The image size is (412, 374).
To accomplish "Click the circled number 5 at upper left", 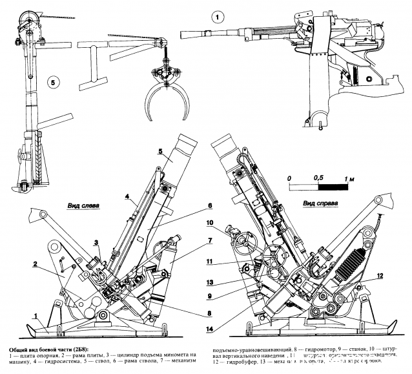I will click(x=54, y=82).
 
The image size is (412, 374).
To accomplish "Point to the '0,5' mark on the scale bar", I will click(x=318, y=177).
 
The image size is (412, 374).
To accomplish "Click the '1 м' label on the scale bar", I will click(x=350, y=177).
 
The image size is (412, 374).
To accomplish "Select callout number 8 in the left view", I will click(x=192, y=313).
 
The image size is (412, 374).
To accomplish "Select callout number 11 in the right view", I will click(x=227, y=263).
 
